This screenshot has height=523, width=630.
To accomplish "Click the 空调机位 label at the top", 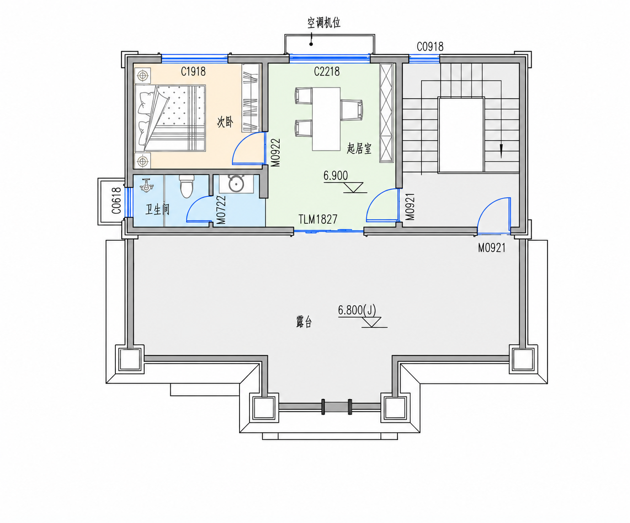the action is click(324, 23).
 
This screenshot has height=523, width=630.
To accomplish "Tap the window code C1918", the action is click(193, 71).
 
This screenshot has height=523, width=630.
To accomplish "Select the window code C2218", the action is click(327, 71).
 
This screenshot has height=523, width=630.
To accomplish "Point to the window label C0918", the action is click(430, 47).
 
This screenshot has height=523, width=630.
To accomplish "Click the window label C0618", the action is click(116, 200).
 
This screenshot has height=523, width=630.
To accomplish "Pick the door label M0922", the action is click(276, 153).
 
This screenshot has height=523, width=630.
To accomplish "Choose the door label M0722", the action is click(221, 210).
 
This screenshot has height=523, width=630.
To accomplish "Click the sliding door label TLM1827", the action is click(318, 219).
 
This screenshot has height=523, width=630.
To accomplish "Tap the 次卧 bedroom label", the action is click(225, 122).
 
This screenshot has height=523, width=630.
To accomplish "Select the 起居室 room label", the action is click(359, 149).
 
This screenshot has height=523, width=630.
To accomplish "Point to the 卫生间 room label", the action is click(157, 209).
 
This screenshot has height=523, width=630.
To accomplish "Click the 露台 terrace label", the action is click(304, 322).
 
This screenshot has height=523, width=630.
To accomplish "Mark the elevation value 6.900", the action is click(336, 176).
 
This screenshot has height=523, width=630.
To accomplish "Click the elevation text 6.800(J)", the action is click(357, 310).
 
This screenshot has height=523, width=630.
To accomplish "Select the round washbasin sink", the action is click(236, 184).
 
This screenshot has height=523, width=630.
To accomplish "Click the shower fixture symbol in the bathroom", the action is click(147, 185).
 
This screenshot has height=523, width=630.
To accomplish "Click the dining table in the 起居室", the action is click(326, 119).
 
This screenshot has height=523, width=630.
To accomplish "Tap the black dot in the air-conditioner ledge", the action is click(311, 44).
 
